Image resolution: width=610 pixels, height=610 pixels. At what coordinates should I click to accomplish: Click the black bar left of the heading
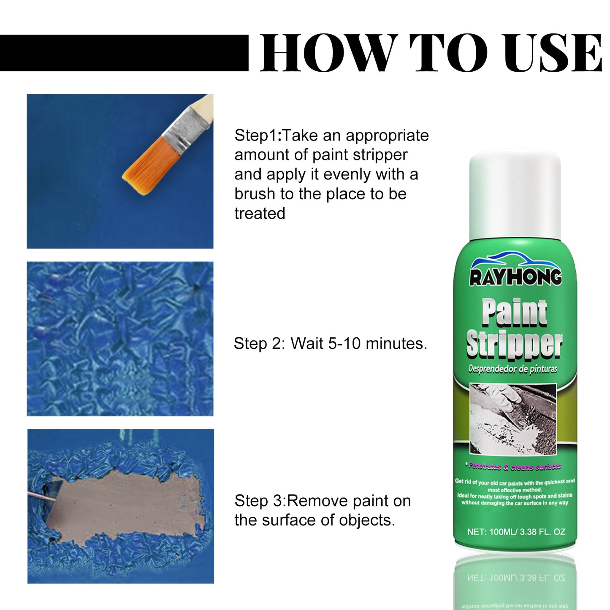point(124,53)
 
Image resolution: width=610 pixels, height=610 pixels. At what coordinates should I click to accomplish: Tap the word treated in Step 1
point(260,214)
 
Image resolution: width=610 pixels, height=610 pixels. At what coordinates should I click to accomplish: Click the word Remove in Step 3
point(317,501)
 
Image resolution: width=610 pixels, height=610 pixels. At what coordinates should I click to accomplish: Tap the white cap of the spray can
point(515,194)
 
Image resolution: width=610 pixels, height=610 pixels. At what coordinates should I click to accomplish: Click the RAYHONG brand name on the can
point(515,277)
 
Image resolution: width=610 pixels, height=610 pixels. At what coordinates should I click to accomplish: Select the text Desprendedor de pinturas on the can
point(512,369)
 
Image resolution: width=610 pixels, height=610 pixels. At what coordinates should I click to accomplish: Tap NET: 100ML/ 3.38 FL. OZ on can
point(516,532)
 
